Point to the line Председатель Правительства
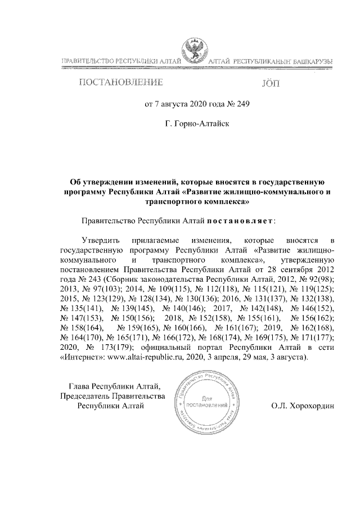[x=112, y=396]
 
